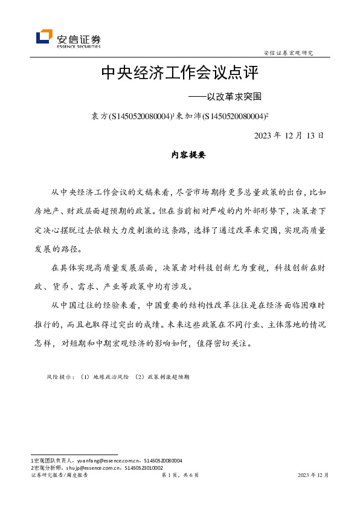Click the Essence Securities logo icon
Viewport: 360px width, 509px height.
[x=44, y=37]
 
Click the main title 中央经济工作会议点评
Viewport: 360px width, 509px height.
[x=179, y=73]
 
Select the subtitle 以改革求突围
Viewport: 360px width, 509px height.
[x=231, y=96]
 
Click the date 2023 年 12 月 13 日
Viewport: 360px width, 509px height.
[x=289, y=135]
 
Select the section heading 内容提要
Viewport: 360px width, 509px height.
[x=180, y=155]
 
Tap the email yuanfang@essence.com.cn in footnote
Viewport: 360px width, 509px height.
[x=107, y=461]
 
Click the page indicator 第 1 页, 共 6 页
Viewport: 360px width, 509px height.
[x=180, y=476]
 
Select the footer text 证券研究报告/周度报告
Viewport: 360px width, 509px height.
[x=59, y=476]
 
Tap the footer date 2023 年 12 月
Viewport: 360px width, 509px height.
[x=313, y=476]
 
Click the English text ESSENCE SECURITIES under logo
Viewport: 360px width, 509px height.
[x=79, y=46]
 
